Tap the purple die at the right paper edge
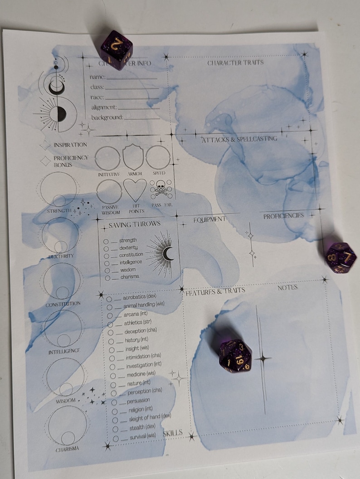tap(341, 257)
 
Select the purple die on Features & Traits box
tap(234, 355)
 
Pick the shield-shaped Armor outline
tap(133, 157)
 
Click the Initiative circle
tap(108, 157)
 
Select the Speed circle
tap(158, 157)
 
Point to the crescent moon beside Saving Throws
tap(168, 254)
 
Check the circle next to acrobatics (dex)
tap(109, 299)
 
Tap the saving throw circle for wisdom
tap(106, 270)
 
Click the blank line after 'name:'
tap(131, 78)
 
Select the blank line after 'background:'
tap(142, 118)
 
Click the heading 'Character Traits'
tap(235, 63)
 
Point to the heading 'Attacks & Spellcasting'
tap(239, 139)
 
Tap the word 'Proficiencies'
tap(284, 216)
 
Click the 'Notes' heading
tap(287, 288)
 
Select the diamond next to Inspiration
tap(45, 145)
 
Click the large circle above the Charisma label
tap(67, 425)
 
